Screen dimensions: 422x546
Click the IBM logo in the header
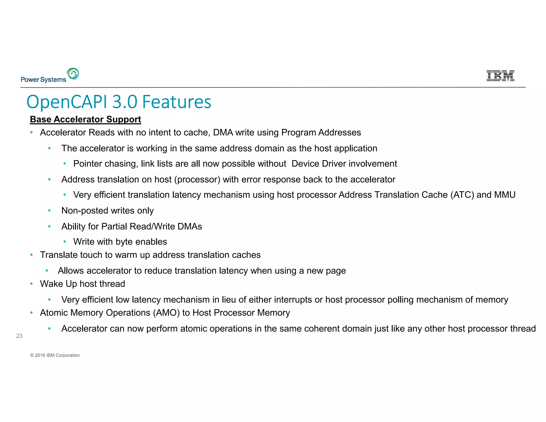(500, 76)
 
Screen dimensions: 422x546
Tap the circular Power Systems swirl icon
(73, 74)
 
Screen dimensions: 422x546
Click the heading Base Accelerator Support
(85, 119)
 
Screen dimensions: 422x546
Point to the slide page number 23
(19, 336)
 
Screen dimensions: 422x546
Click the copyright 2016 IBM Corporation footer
(55, 355)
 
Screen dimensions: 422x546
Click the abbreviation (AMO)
(166, 313)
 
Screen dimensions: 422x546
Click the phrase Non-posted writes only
(107, 211)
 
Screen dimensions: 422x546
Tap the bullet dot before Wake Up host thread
(31, 284)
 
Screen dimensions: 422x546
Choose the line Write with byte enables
(120, 242)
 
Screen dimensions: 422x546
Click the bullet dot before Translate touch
(31, 255)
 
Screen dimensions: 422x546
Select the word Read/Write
(149, 226)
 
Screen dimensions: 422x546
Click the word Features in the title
(177, 102)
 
